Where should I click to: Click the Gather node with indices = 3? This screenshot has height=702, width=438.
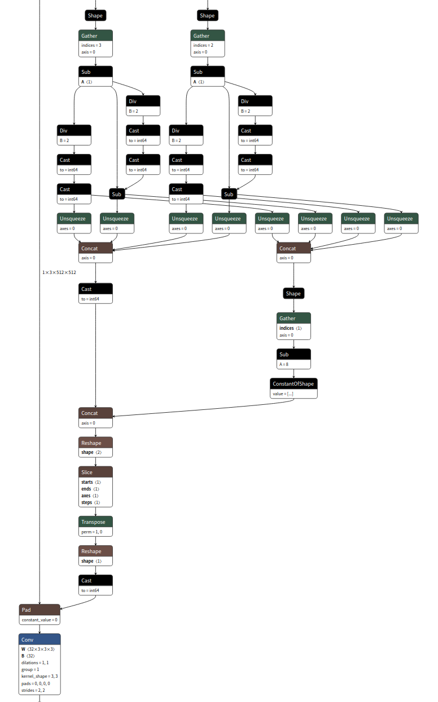95,36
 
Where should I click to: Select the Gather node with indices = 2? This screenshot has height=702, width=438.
208,36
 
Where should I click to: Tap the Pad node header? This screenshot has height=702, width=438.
40,610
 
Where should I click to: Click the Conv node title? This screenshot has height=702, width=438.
40,639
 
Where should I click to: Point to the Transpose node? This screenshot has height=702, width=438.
95,522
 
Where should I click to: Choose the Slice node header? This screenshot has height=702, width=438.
95,472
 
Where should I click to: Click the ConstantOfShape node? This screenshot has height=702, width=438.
294,384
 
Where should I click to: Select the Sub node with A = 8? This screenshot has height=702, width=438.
294,355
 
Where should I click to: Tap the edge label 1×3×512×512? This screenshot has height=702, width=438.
59,272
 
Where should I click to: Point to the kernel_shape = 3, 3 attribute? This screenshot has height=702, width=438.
40,675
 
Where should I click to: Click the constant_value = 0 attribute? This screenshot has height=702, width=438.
40,620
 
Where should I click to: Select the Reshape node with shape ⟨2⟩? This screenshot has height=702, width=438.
95,443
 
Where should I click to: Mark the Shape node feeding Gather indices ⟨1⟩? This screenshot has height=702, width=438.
294,293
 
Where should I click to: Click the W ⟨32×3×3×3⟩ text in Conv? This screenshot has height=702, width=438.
38,649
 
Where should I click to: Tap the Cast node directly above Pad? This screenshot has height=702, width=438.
95,581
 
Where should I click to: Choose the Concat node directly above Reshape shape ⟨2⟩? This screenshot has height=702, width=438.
95,413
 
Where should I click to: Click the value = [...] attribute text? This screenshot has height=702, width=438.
283,394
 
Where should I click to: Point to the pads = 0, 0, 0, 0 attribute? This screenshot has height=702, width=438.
36,682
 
